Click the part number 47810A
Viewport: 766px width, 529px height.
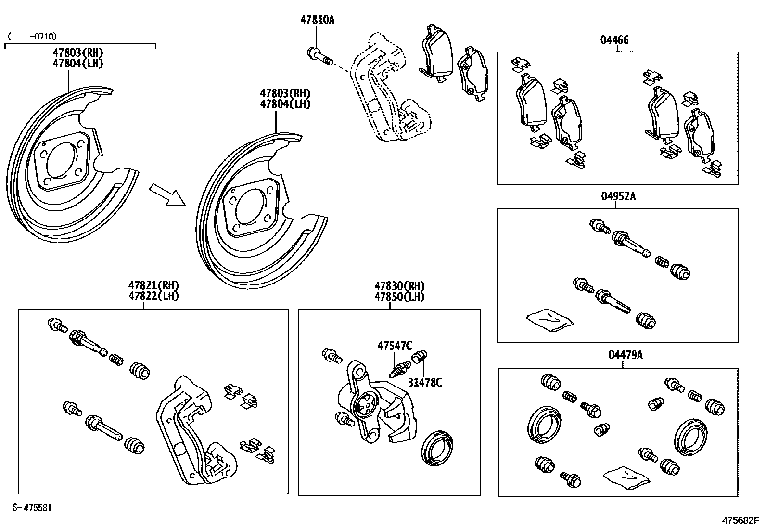coord(317,20)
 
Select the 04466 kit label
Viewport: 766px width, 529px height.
coord(614,40)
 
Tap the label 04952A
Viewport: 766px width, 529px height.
coord(618,196)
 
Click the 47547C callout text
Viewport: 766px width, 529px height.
coord(395,346)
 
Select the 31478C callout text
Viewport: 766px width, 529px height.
coord(425,383)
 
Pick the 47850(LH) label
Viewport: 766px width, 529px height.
coord(399,297)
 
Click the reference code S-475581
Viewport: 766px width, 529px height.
coord(32,508)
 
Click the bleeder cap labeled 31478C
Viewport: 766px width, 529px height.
coord(420,357)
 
